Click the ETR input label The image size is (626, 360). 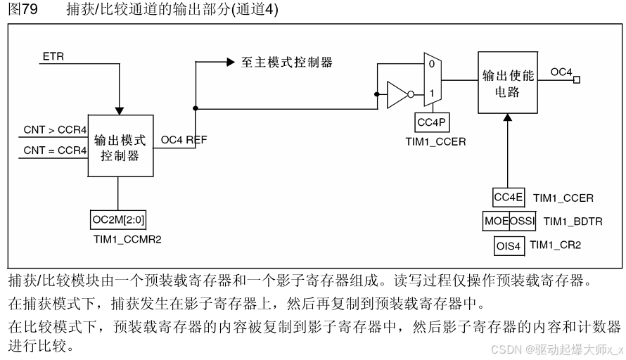[x=53, y=56]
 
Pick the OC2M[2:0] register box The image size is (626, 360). [x=117, y=220]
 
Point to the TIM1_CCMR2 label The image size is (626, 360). [x=127, y=239]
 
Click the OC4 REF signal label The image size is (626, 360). [x=184, y=140]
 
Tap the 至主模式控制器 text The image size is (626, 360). [x=287, y=63]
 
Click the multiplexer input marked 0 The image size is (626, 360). [x=432, y=64]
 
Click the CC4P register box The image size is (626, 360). [x=431, y=123]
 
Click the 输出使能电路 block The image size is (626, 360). [x=507, y=83]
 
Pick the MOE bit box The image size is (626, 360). [x=496, y=221]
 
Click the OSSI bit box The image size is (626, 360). [x=523, y=221]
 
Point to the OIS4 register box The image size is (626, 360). [x=509, y=245]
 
